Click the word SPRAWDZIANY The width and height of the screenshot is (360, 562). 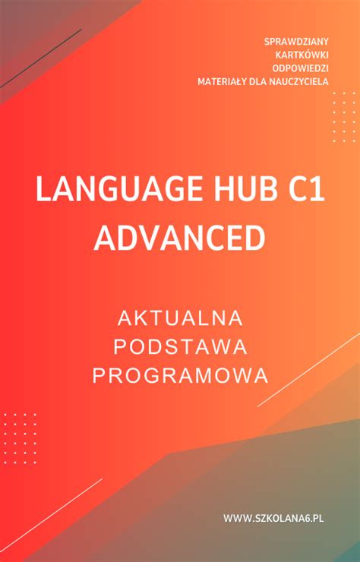click(296, 40)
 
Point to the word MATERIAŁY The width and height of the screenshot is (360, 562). click(220, 81)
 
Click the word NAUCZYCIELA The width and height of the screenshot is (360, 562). click(298, 81)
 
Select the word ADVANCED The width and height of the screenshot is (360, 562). click(179, 238)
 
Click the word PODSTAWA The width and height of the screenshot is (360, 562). click(180, 346)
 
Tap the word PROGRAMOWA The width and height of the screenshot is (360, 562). click(180, 375)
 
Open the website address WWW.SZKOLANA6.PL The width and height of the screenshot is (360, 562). click(273, 518)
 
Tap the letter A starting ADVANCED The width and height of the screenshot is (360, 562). click(104, 238)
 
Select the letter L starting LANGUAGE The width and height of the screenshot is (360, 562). click(43, 189)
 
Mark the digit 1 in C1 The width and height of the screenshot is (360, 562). click(314, 189)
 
